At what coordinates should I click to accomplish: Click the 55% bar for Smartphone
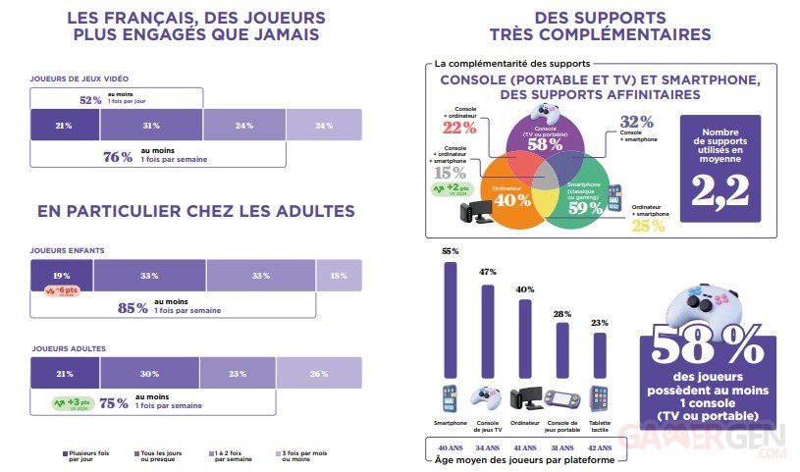(451, 319)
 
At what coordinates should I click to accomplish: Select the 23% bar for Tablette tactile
(601, 352)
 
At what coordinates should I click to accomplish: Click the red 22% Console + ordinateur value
(453, 127)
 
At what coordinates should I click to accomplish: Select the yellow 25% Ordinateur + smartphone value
(648, 225)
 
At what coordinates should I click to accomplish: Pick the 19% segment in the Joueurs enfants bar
(62, 276)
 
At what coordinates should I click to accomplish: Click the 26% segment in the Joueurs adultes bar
(319, 373)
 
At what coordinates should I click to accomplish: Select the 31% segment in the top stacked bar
(150, 126)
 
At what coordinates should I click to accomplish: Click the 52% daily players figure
(90, 99)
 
